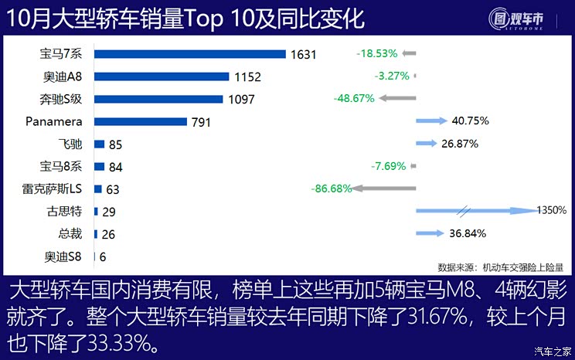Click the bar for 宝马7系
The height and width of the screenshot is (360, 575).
190,54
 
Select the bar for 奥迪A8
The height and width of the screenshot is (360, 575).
162,76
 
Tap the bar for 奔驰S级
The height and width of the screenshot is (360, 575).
158,99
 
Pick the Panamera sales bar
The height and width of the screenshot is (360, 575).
141,121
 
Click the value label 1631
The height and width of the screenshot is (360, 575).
302,55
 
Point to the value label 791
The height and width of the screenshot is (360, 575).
201,122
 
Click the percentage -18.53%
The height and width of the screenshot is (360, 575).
377,54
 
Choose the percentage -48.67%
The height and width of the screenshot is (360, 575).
354,99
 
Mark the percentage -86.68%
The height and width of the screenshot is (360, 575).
332,188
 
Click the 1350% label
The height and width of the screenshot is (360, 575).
553,210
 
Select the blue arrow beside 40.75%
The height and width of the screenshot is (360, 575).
431,121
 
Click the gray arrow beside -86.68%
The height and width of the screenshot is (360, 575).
385,188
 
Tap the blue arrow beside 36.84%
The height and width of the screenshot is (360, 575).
430,233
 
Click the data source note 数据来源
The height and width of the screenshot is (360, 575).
500,267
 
